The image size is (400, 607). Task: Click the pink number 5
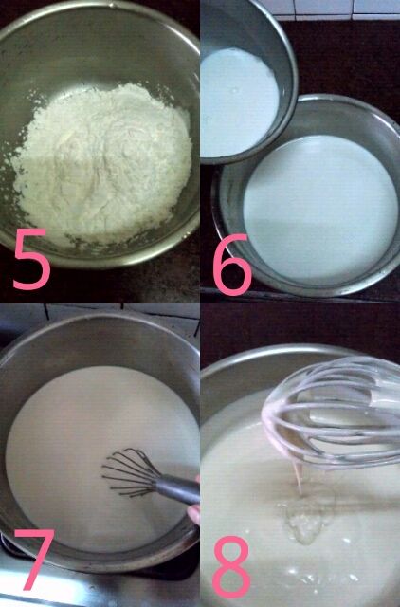(31, 259)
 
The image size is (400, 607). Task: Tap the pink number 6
(232, 265)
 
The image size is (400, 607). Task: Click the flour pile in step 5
(104, 162)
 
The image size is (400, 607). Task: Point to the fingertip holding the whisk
(194, 514)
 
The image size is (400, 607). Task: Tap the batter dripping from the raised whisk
(299, 477)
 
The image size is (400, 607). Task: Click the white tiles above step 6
(329, 9)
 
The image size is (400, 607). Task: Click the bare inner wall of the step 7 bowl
(97, 340)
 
